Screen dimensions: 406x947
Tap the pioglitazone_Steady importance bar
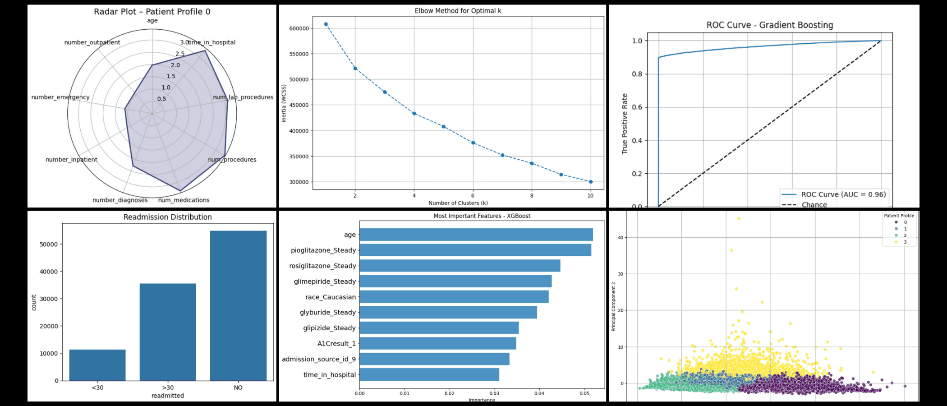pos(475,250)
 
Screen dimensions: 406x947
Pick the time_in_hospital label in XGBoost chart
pos(329,374)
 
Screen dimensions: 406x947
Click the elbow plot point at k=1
pos(326,24)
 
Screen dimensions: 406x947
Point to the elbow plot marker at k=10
pos(590,182)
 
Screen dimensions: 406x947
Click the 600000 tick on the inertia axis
pos(299,28)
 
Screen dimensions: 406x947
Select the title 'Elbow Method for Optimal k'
pos(458,11)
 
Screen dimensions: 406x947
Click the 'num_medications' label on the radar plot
pos(184,200)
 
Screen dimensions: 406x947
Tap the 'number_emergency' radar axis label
pos(60,97)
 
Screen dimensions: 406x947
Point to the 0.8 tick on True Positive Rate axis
pos(637,74)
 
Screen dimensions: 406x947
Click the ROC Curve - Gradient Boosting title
pos(769,25)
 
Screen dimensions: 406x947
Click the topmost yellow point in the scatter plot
pos(738,218)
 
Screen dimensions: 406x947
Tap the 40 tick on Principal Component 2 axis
pos(621,238)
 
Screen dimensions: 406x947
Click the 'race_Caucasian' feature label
pos(330,297)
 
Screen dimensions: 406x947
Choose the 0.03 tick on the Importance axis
pos(494,393)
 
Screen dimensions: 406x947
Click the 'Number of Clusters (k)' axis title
pos(458,203)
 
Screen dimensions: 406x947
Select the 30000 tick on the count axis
pos(49,299)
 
